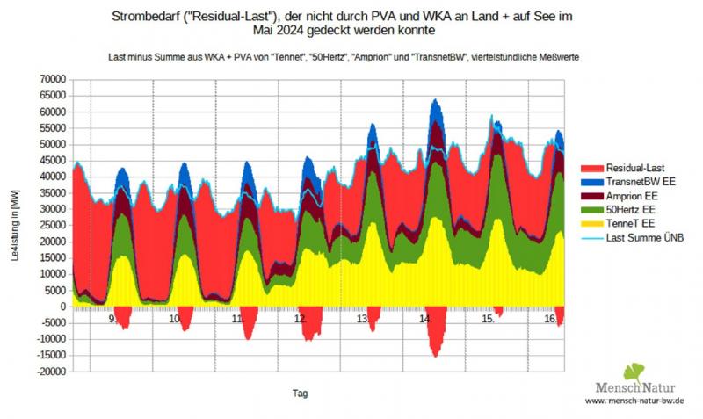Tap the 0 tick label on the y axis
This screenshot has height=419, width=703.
click(x=63, y=307)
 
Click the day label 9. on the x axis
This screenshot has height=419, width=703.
click(x=112, y=321)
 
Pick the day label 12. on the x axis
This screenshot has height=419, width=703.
click(x=301, y=321)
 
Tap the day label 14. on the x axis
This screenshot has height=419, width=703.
click(x=426, y=321)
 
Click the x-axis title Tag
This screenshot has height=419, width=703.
click(x=301, y=393)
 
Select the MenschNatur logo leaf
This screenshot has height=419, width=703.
click(x=634, y=372)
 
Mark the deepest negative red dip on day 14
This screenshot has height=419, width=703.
click(x=435, y=354)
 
